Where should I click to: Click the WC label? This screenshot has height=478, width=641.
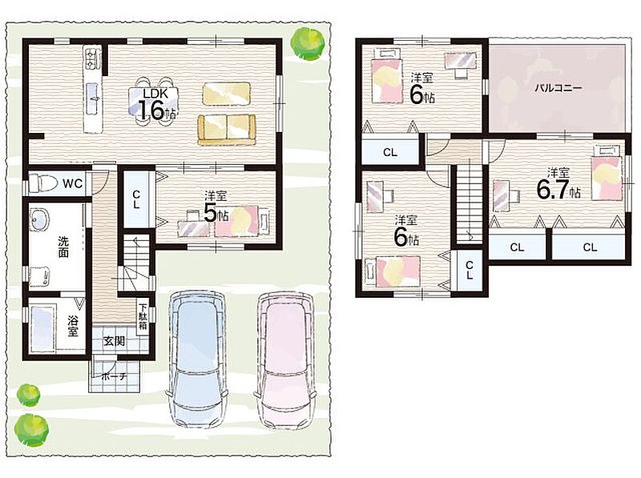(73, 183)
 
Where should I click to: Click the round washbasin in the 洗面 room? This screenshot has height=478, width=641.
(39, 220)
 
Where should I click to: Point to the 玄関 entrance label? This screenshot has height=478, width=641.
(114, 341)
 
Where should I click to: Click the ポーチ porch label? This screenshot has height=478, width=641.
(114, 376)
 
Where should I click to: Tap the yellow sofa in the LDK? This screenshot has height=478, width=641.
(227, 129)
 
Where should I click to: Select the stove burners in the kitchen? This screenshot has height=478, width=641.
(92, 58)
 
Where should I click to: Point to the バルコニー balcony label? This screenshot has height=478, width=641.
(558, 88)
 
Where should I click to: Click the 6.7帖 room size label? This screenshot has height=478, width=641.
(558, 189)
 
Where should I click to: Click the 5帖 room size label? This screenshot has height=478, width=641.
(216, 213)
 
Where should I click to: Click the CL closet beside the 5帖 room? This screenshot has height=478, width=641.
(136, 199)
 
